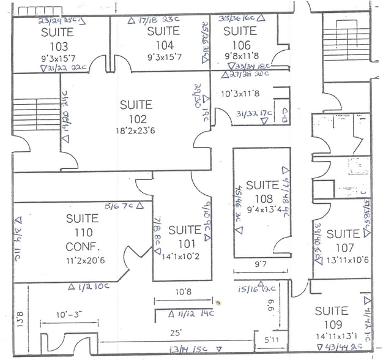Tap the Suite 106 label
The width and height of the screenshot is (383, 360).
click(x=239, y=37)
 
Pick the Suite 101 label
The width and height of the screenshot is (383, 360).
click(x=184, y=236)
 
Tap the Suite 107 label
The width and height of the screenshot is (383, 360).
click(x=343, y=240)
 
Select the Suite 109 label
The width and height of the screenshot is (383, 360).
click(x=331, y=318)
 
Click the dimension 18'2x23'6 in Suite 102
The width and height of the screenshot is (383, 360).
click(x=138, y=131)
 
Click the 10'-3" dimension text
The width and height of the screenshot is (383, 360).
click(x=68, y=315)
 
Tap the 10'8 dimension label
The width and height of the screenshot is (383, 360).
click(x=184, y=293)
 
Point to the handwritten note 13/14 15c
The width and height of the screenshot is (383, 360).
click(x=185, y=350)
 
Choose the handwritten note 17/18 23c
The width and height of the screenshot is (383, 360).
click(x=154, y=21)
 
